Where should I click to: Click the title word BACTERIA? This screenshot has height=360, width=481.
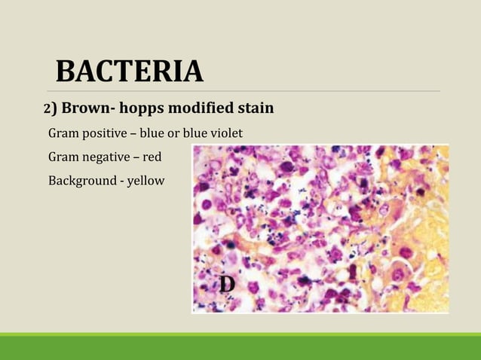click(x=130, y=72)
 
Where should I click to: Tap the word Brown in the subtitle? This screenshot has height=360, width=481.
click(x=82, y=109)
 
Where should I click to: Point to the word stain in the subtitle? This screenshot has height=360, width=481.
click(x=253, y=109)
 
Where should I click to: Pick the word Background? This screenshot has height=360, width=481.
click(x=80, y=180)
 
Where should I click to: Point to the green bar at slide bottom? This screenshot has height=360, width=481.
click(x=240, y=346)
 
